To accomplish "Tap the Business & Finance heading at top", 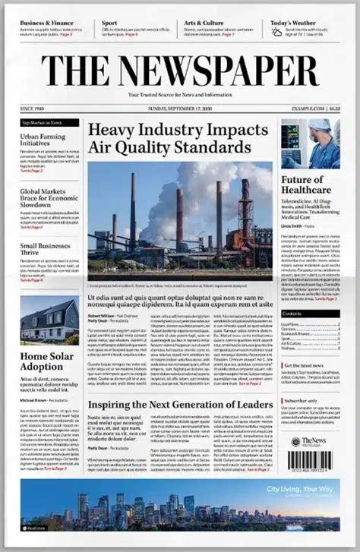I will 47,24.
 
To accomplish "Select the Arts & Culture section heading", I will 204,24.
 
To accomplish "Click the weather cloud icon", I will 277,34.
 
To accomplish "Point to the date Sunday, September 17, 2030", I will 180,110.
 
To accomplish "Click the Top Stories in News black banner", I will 49,122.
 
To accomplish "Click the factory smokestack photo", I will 180,219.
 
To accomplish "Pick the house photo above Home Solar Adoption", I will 49,321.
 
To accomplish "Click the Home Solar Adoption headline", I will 42,361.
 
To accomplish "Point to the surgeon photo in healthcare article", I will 310,144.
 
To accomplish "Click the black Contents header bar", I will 310,313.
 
